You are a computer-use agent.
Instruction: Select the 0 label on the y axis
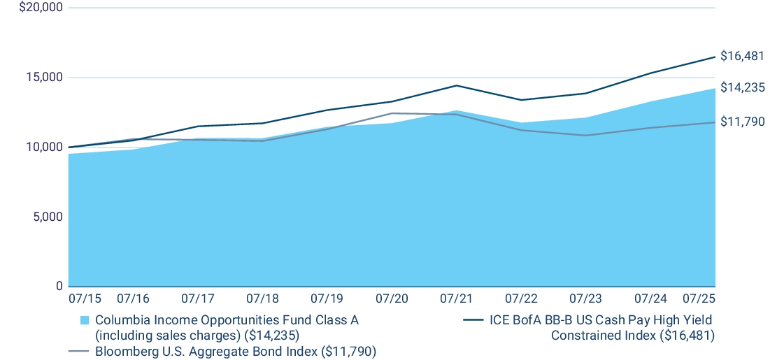(59, 287)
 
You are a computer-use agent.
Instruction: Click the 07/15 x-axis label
(85, 298)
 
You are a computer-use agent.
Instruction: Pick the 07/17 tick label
(197, 298)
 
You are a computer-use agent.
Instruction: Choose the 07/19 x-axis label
(327, 298)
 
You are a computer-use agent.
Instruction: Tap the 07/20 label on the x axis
(391, 298)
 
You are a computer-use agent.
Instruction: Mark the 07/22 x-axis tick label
(521, 298)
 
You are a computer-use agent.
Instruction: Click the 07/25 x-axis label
(699, 298)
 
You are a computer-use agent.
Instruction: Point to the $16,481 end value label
(742, 57)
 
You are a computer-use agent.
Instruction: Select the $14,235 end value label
(742, 88)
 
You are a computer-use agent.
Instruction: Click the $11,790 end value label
(742, 122)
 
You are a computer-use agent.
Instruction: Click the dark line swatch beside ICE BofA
(473, 320)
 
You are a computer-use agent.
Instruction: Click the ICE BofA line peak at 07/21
(457, 85)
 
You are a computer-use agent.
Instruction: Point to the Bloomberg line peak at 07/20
(392, 113)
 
